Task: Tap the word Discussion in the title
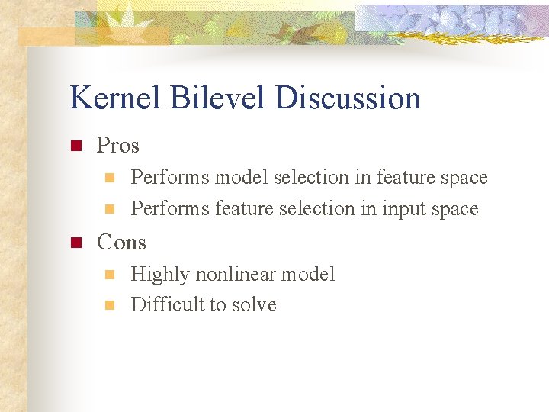click(348, 98)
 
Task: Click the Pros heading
click(118, 145)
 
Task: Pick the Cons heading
click(121, 242)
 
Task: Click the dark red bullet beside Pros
click(75, 146)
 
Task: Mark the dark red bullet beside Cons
click(75, 243)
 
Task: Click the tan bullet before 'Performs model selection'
click(108, 178)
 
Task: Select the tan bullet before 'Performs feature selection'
click(108, 208)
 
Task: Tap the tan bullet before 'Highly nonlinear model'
click(108, 274)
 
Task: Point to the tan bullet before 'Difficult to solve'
click(108, 305)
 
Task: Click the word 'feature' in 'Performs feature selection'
click(242, 208)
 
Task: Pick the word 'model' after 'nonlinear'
click(310, 274)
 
